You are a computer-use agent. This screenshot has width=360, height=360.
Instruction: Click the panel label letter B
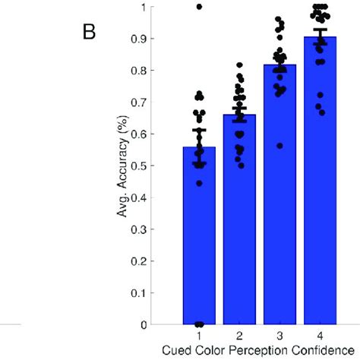point(88,34)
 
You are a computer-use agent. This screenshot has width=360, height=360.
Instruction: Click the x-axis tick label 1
point(199,335)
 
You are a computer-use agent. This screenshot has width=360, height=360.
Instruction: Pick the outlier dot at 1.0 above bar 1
point(199,7)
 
